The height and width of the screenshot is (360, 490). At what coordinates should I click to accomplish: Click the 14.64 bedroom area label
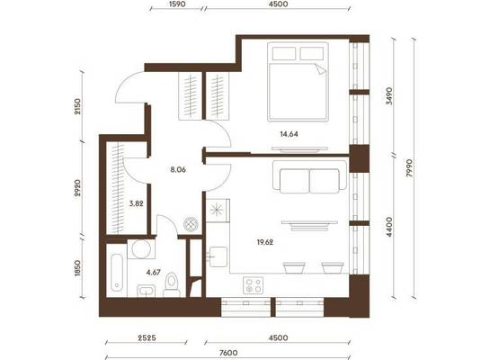click(x=290, y=134)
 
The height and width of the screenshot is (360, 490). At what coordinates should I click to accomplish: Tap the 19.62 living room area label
click(x=265, y=242)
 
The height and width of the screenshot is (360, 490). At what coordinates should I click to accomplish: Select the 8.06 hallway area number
click(x=178, y=170)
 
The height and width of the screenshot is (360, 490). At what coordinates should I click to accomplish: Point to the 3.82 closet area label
click(x=137, y=203)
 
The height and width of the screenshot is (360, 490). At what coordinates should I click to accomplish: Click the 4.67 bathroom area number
click(x=154, y=273)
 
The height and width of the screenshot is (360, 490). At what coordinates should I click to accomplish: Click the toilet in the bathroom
click(x=172, y=284)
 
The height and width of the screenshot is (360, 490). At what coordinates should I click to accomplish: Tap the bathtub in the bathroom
click(x=117, y=273)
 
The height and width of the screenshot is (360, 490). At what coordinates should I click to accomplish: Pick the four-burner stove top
click(x=254, y=285)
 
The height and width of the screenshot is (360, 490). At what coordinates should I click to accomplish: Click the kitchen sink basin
click(x=218, y=256)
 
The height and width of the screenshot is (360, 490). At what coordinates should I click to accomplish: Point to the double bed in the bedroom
click(x=298, y=82)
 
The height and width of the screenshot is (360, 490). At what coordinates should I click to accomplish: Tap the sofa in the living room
click(x=309, y=176)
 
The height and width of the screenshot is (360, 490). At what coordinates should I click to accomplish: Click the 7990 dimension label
click(x=410, y=168)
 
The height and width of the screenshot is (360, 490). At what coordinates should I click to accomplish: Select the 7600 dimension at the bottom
click(x=228, y=353)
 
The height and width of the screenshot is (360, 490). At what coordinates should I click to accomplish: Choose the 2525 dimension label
click(x=147, y=337)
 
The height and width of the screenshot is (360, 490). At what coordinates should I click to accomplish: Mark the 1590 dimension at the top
click(x=177, y=4)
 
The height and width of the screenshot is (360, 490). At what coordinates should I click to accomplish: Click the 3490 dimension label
click(x=389, y=95)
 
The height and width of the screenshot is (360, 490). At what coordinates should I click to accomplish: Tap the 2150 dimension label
click(x=77, y=106)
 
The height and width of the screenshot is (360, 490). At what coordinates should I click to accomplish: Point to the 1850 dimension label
click(x=77, y=268)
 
